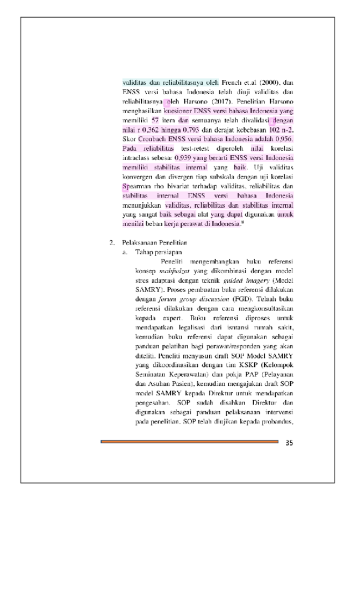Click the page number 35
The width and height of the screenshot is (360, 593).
pos(289,442)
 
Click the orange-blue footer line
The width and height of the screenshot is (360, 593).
pos(189,442)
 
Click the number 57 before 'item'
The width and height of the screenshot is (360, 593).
pos(156,120)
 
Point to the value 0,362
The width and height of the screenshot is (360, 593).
pos(153,129)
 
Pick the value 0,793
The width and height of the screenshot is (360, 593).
pos(193,129)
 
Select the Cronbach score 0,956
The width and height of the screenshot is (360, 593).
pos(282,139)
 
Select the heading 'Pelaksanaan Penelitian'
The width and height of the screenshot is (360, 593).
pos(155,242)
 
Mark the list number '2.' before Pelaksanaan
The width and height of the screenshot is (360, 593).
pos(112,242)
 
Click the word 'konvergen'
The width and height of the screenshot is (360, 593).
pos(138,176)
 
